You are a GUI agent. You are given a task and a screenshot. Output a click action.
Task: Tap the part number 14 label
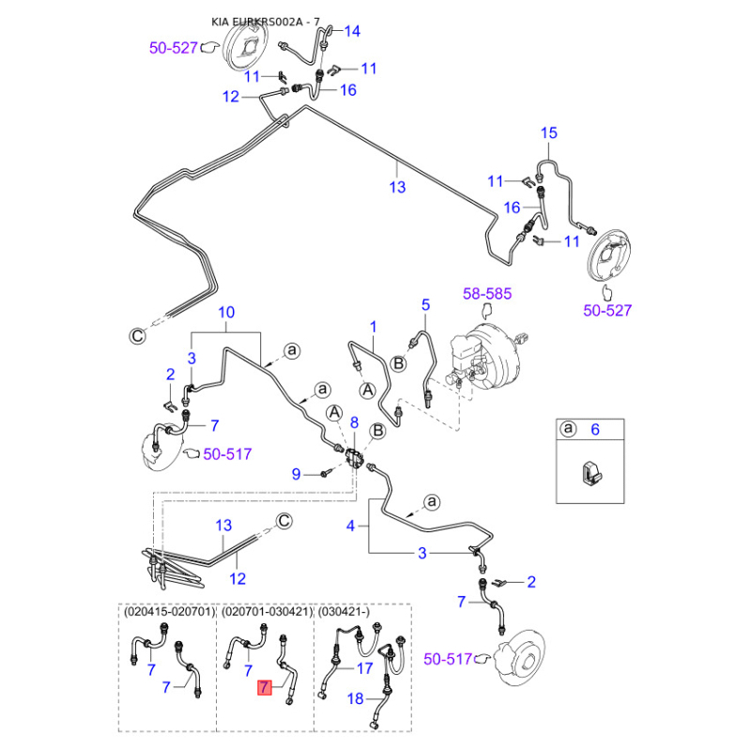tap(352, 31)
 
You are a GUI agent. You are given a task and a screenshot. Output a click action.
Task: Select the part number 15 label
tap(549, 133)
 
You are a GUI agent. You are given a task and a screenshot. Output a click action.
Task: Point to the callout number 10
tap(226, 313)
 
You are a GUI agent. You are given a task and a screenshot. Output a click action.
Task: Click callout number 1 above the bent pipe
tap(372, 328)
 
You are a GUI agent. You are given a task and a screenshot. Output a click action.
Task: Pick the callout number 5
tap(425, 305)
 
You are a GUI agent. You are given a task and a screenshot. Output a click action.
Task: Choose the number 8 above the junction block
tap(355, 424)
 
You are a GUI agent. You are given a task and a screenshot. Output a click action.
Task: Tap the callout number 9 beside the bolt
tap(296, 474)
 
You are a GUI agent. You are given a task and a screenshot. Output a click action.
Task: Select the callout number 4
tap(351, 527)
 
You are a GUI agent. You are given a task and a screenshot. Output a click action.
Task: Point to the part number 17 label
tap(366, 668)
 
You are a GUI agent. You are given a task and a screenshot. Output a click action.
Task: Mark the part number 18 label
tap(356, 698)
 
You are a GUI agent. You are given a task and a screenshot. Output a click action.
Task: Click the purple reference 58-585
tap(487, 294)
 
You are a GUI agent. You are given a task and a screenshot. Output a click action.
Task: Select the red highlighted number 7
tap(267, 688)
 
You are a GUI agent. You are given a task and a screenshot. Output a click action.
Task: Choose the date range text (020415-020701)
tap(170, 610)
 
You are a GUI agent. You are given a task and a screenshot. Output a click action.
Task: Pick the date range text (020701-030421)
tap(267, 610)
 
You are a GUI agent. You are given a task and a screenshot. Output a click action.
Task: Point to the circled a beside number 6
tap(567, 429)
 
